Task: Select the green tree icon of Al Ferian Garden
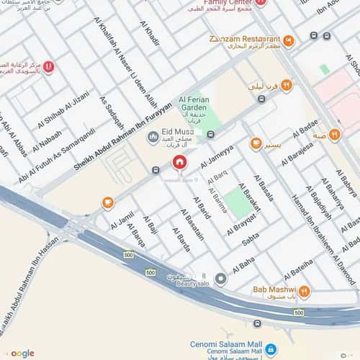[212, 134]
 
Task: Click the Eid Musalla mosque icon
[152, 136]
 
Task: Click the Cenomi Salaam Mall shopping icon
[270, 349]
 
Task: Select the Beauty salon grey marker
[221, 279]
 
